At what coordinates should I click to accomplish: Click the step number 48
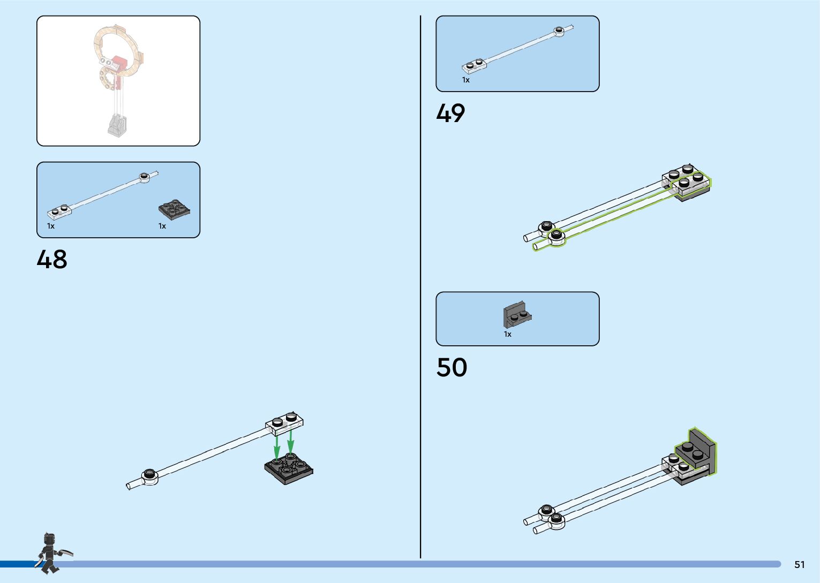click(52, 259)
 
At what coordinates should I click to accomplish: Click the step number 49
click(450, 113)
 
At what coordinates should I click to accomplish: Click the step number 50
click(452, 367)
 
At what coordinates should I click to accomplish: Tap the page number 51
click(799, 564)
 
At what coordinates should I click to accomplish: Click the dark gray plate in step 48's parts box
click(174, 210)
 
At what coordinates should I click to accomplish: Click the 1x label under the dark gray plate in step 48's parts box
click(162, 226)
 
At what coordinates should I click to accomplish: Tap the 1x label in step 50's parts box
click(507, 334)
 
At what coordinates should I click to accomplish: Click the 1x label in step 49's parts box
click(465, 80)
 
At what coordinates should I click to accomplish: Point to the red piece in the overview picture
click(122, 66)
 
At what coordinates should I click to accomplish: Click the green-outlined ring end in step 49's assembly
click(556, 237)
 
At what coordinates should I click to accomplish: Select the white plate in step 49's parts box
click(474, 65)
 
